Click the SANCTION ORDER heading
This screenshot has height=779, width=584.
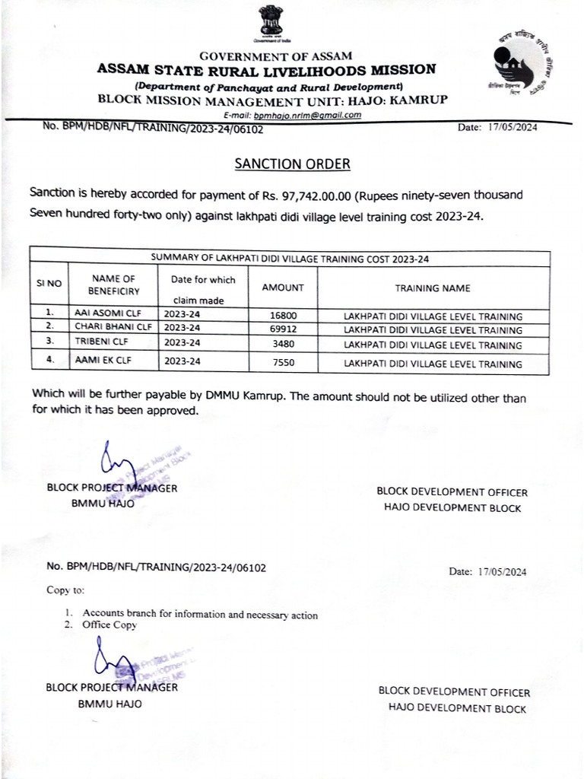[292, 164]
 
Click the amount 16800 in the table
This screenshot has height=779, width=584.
[282, 316]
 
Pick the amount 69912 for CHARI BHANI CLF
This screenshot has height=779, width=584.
[282, 330]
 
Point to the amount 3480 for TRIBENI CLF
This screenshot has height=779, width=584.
[282, 345]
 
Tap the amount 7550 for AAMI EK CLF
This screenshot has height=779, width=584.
[282, 364]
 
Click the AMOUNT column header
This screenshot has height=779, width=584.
[282, 288]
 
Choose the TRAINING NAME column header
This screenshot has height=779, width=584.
[432, 288]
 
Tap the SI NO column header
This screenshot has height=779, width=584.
[49, 283]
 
